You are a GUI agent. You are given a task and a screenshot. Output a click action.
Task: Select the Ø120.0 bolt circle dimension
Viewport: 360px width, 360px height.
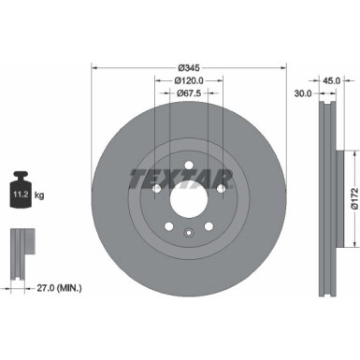[x=188, y=80]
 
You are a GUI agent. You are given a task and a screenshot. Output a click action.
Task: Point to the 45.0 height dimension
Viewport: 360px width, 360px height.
[x=330, y=80]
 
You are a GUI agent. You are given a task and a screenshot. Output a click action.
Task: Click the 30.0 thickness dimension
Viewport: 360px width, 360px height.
[x=302, y=94]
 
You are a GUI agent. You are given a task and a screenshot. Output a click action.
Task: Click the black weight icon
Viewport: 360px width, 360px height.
[x=22, y=194]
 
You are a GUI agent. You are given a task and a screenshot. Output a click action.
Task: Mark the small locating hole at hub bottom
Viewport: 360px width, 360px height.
[x=188, y=233]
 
